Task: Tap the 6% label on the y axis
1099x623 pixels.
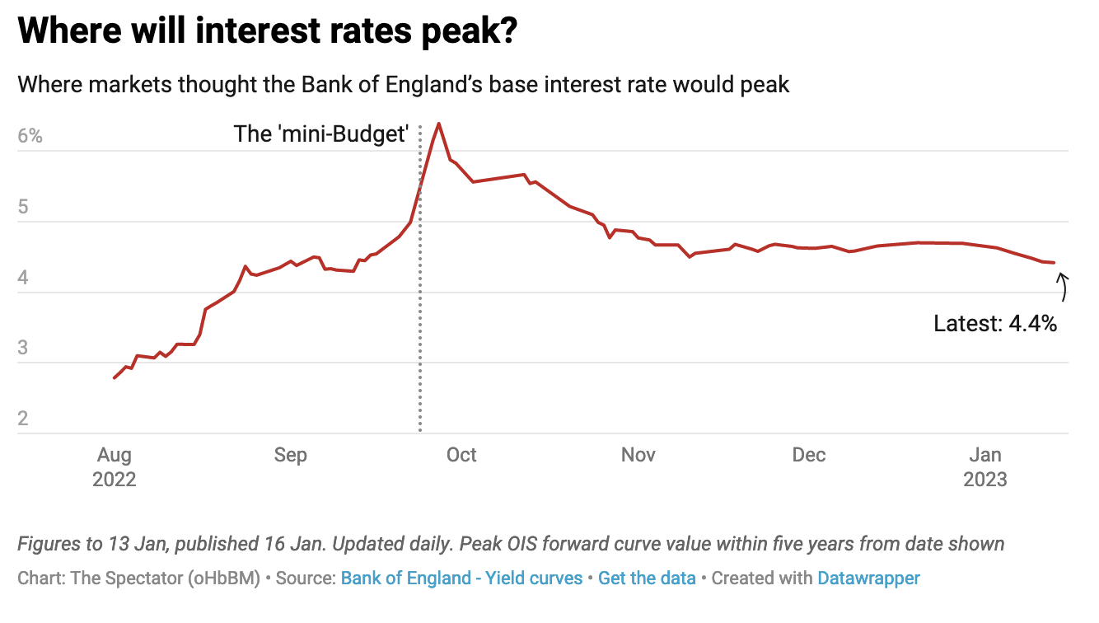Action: [30, 136]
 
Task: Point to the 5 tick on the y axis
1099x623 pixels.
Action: [23, 207]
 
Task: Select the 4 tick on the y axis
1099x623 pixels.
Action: [23, 278]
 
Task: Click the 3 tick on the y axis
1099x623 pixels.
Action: [23, 348]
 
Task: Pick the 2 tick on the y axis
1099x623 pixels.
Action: [23, 419]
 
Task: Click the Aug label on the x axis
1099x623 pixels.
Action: [114, 455]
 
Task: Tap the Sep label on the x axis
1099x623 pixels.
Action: [290, 455]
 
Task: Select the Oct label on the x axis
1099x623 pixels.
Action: [461, 455]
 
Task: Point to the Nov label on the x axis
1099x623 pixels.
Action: [638, 455]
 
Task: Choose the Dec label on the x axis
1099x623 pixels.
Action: [809, 455]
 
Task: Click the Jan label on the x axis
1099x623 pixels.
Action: [985, 455]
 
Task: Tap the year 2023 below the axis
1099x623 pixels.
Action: [985, 480]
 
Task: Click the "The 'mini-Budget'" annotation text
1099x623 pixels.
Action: [321, 134]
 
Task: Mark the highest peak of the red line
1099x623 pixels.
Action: [438, 124]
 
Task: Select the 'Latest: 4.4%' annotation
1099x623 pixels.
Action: [995, 324]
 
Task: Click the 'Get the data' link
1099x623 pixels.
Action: [647, 578]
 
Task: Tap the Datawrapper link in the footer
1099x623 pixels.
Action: [868, 578]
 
